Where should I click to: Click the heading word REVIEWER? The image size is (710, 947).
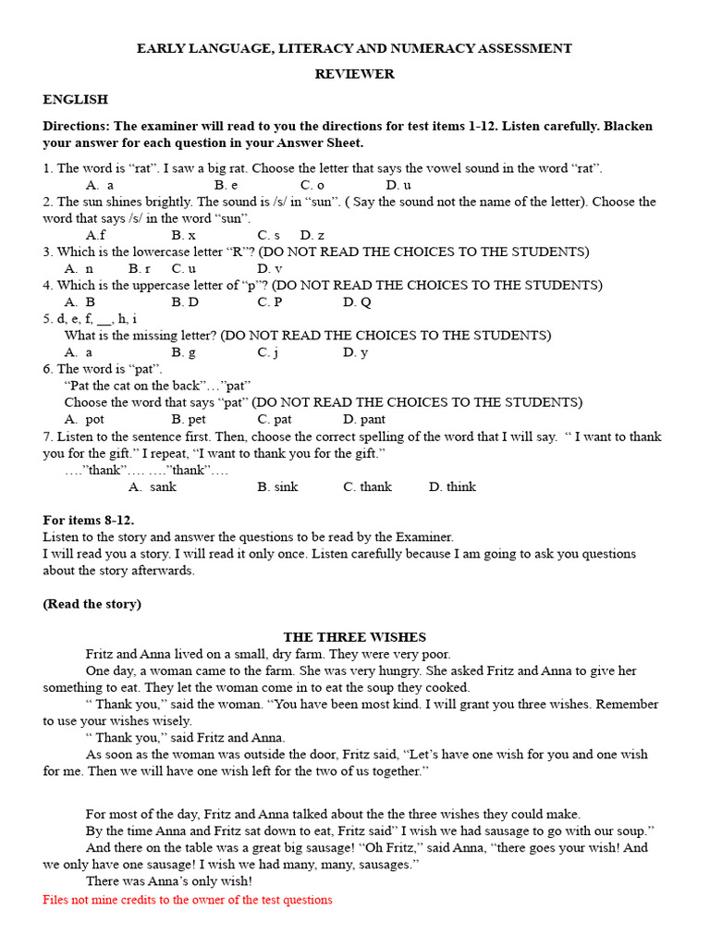pyautogui.click(x=354, y=74)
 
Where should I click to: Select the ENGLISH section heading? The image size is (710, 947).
pyautogui.click(x=75, y=99)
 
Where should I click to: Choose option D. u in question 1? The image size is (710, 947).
pyautogui.click(x=398, y=185)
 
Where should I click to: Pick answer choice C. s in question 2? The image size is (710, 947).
pyautogui.click(x=269, y=235)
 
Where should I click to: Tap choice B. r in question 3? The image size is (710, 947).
pyautogui.click(x=140, y=268)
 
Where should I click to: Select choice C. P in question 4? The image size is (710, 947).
pyautogui.click(x=270, y=301)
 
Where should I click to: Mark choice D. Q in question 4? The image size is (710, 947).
pyautogui.click(x=357, y=301)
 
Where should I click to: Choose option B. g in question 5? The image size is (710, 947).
pyautogui.click(x=183, y=352)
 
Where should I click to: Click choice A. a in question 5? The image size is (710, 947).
pyautogui.click(x=79, y=352)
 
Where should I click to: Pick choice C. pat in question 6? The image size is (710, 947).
pyautogui.click(x=275, y=419)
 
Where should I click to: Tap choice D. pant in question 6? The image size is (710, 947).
pyautogui.click(x=364, y=419)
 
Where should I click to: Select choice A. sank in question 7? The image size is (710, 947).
pyautogui.click(x=153, y=486)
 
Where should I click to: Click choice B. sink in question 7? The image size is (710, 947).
pyautogui.click(x=277, y=486)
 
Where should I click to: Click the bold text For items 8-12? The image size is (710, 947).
pyautogui.click(x=88, y=520)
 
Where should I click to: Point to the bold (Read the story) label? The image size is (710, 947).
pyautogui.click(x=92, y=604)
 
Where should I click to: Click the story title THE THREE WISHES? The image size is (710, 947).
pyautogui.click(x=354, y=637)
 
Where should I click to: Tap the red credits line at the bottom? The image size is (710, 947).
pyautogui.click(x=188, y=900)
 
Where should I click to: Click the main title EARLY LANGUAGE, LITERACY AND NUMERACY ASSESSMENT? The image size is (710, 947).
pyautogui.click(x=354, y=48)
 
